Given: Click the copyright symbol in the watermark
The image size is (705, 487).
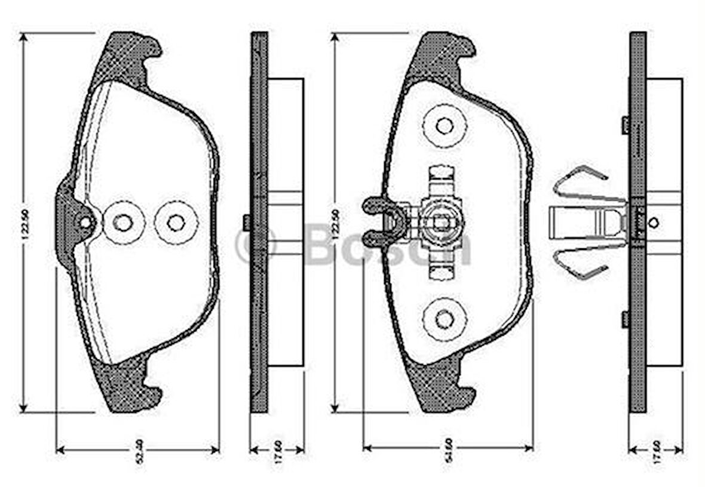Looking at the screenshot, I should coord(255,245).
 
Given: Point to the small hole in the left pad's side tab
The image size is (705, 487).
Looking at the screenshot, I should coord(85,223).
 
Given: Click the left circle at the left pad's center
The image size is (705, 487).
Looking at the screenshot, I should coord(123,223).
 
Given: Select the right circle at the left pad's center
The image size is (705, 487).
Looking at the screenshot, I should coord(176,223).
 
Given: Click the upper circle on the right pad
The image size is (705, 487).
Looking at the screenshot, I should coord(445,126).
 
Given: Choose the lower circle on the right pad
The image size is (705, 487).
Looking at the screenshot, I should coord(445,319).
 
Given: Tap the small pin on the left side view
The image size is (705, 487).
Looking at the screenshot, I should coord(246,223).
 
